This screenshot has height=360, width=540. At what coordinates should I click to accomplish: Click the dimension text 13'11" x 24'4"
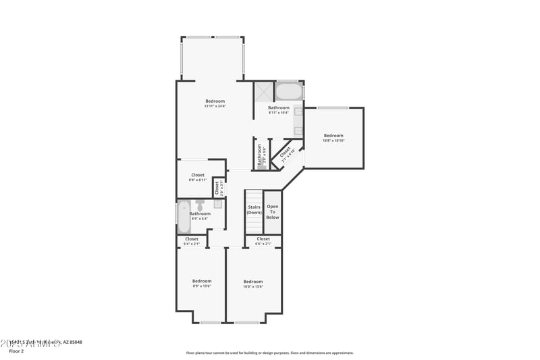click(215, 106)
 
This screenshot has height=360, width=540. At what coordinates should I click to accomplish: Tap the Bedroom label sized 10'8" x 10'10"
click(333, 135)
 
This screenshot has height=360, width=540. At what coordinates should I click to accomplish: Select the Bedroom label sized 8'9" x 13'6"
click(201, 281)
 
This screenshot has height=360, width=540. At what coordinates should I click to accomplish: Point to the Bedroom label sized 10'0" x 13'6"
click(253, 281)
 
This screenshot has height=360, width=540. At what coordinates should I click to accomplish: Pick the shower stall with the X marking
click(263, 91)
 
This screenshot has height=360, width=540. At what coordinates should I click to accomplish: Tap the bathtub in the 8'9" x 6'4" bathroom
click(183, 217)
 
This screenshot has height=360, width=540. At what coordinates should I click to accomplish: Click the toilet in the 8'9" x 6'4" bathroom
click(200, 203)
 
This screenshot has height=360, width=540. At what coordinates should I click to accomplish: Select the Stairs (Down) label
click(254, 210)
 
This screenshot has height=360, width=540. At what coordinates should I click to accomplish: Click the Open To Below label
click(273, 212)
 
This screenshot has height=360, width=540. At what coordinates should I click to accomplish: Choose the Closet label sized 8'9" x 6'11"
click(198, 175)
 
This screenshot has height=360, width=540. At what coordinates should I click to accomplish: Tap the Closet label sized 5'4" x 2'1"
click(192, 238)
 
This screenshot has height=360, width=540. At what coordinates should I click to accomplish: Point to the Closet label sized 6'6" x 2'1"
click(263, 238)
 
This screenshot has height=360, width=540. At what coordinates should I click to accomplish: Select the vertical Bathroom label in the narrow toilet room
click(259, 155)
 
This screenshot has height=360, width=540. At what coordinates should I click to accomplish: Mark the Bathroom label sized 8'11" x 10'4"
click(279, 108)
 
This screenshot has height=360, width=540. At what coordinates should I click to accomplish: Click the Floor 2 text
click(16, 351)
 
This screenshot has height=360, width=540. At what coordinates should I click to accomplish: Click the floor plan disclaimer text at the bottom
click(270, 353)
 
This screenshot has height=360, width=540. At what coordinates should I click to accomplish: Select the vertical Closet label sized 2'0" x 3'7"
click(217, 187)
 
